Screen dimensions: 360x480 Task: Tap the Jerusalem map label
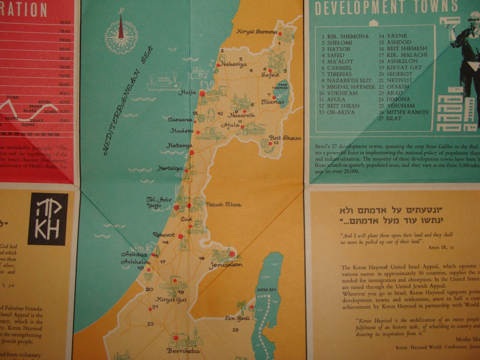pos(226,265)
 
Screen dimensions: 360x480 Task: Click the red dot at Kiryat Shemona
pos(280,34)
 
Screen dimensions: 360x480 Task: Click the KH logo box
pos(48,219)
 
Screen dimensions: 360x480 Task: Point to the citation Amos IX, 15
pos(441,247)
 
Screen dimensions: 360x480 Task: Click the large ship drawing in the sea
pos(164,83)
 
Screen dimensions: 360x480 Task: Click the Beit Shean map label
pos(285,138)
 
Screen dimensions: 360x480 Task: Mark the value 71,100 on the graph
pos(13,98)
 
